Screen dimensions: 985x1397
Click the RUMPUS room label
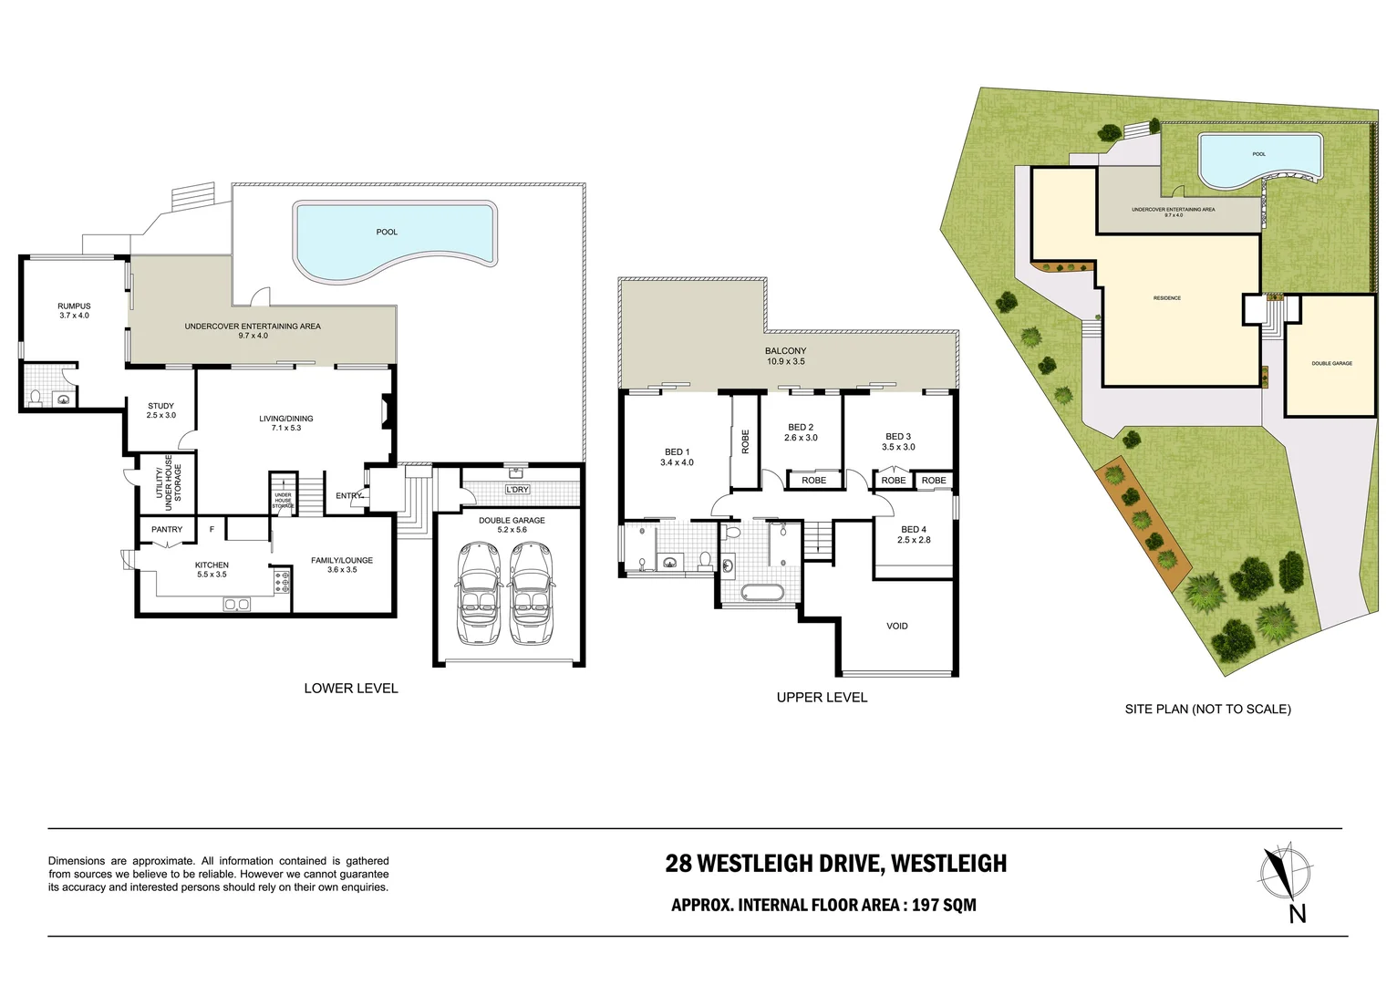click(x=74, y=311)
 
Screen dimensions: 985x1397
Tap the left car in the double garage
click(x=480, y=593)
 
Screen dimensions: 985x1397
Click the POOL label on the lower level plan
click(x=387, y=232)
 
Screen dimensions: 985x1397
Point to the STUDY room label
click(x=160, y=410)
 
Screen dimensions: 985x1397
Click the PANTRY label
click(x=167, y=529)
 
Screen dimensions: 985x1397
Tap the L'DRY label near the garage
click(x=517, y=490)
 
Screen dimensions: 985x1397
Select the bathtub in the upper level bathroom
click(x=761, y=592)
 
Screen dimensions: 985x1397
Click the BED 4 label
click(x=913, y=534)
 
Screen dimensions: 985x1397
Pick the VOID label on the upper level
click(x=896, y=626)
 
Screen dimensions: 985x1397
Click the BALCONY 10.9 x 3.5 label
click(x=785, y=356)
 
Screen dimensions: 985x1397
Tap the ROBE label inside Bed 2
click(x=813, y=481)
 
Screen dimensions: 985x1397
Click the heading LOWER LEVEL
click(x=351, y=688)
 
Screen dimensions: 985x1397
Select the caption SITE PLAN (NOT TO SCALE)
click(x=1207, y=709)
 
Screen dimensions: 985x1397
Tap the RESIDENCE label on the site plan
click(x=1166, y=298)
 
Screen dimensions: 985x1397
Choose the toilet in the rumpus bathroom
click(x=36, y=397)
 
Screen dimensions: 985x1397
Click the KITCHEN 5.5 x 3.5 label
click(x=212, y=569)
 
